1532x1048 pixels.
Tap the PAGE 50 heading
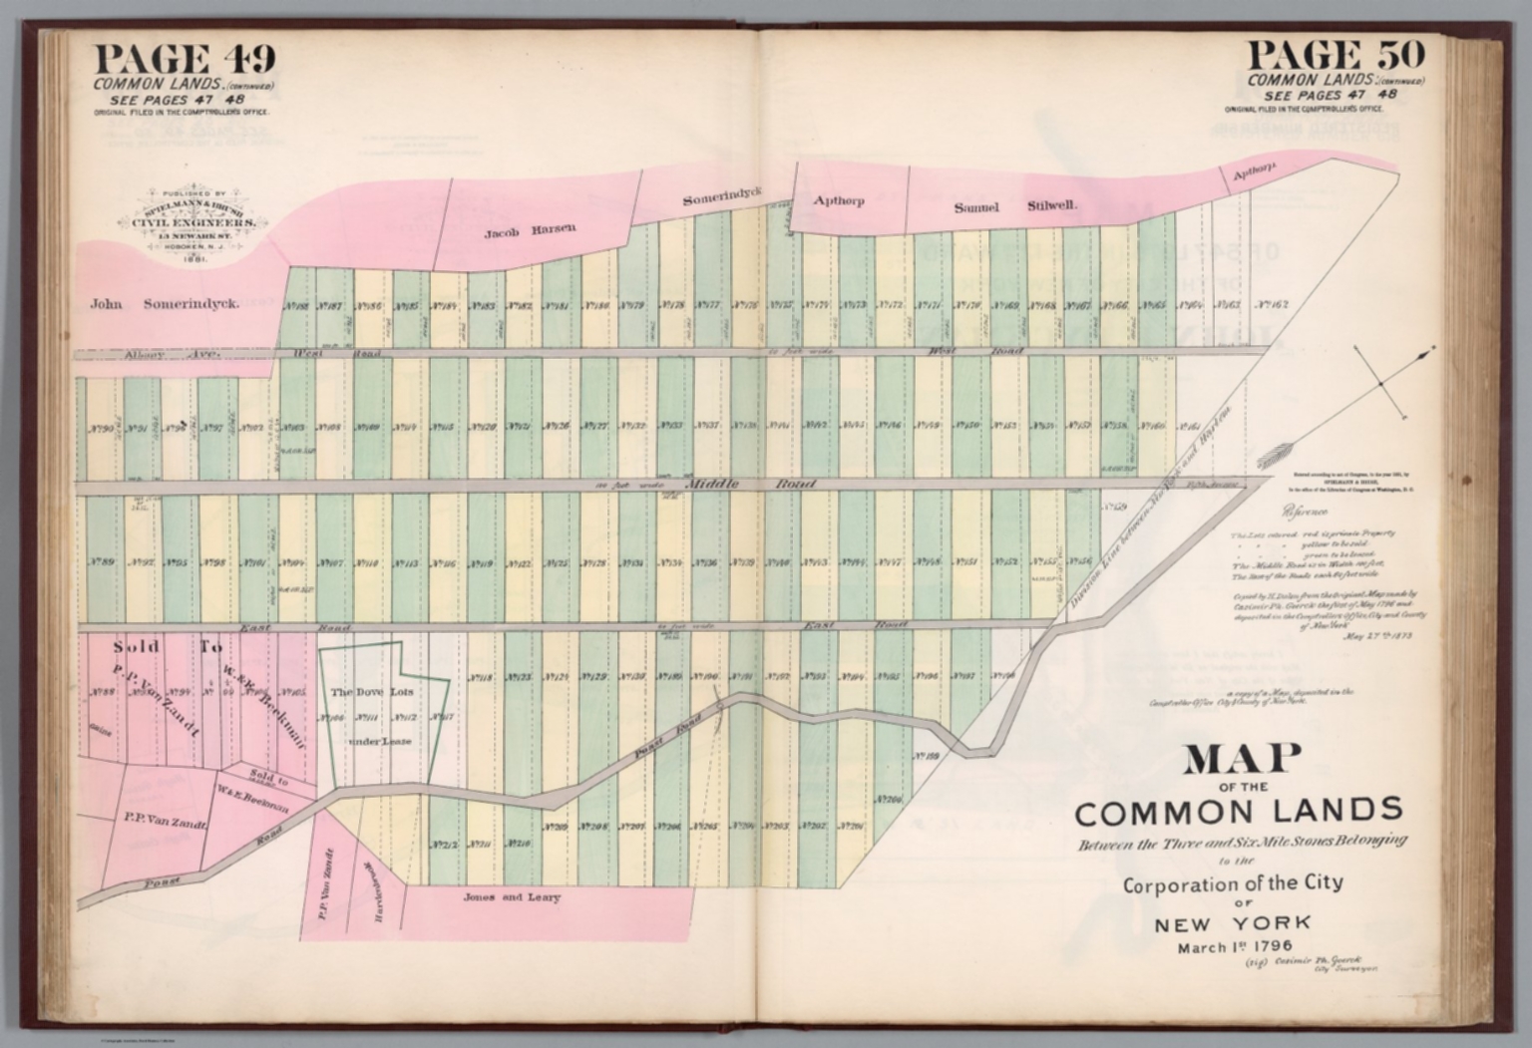tap(1336, 54)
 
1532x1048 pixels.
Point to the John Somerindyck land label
tap(165, 304)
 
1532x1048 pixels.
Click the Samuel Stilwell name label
tap(1014, 207)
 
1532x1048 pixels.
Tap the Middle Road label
tap(750, 485)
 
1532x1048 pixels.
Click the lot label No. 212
tap(445, 845)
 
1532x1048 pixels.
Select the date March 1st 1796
tap(1235, 946)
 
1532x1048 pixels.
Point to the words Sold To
tap(169, 647)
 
